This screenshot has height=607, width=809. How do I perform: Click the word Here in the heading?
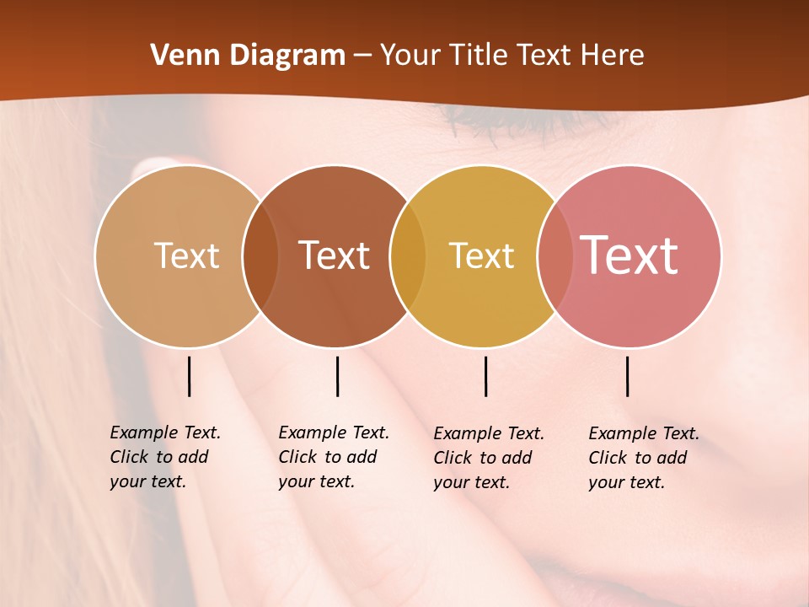tap(613, 56)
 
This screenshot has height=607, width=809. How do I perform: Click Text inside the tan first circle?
tap(186, 255)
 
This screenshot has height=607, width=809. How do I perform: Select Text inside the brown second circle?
tap(335, 255)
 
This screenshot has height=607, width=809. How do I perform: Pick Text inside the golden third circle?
tap(481, 255)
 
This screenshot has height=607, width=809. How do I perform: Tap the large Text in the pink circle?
tap(629, 255)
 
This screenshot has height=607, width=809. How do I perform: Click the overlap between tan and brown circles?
tap(260, 255)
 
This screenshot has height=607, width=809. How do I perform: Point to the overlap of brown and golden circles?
tap(408, 255)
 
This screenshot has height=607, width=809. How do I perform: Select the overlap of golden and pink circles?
tap(555, 255)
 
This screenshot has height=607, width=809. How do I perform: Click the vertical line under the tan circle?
tap(190, 376)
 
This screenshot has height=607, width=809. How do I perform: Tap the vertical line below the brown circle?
tap(337, 376)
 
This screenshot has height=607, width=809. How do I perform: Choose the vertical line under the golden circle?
tap(485, 376)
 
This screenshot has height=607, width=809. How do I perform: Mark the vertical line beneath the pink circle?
tap(628, 376)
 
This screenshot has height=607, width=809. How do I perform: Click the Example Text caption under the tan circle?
tap(164, 457)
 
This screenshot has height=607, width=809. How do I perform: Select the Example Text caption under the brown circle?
tap(333, 457)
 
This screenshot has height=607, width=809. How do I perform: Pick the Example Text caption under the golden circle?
tap(488, 458)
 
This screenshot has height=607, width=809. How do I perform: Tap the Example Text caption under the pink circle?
tap(643, 458)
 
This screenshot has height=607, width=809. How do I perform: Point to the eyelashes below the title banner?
tap(522, 122)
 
